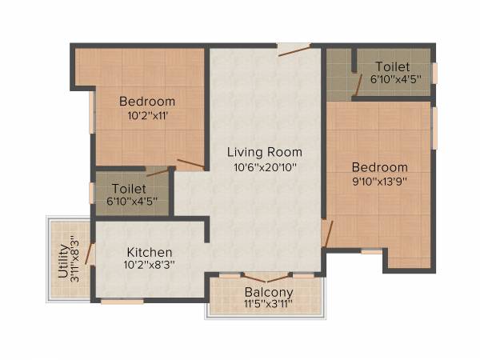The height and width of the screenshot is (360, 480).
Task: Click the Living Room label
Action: [x=264, y=152]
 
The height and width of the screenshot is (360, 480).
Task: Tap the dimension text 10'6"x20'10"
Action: [x=264, y=167]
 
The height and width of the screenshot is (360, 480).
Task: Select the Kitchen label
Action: [x=149, y=252]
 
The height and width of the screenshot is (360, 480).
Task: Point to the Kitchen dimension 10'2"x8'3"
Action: [x=149, y=265]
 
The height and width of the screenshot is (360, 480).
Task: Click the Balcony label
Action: [x=269, y=292]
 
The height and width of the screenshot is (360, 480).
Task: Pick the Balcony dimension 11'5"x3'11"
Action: [x=269, y=304]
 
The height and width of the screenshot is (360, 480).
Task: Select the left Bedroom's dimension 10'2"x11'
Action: [x=147, y=115]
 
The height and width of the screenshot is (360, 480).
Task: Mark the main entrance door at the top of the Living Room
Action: [x=293, y=50]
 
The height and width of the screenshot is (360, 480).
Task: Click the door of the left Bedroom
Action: [x=190, y=165]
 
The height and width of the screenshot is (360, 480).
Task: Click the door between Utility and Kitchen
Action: [x=90, y=254]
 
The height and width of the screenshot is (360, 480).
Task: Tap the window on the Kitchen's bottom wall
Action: [x=122, y=301]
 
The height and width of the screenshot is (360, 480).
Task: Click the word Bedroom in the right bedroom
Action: [x=380, y=168]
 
